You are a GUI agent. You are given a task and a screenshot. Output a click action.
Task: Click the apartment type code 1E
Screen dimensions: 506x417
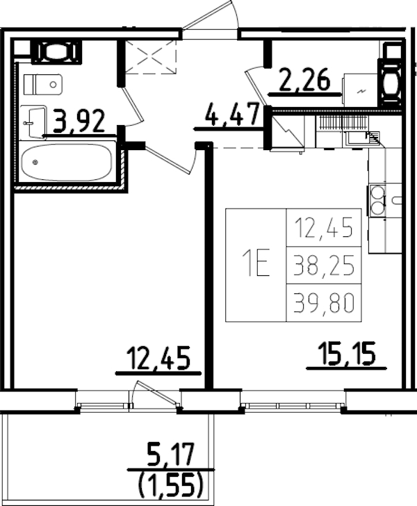tap(255, 264)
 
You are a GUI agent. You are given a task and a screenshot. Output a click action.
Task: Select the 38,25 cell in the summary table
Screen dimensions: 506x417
tap(323, 264)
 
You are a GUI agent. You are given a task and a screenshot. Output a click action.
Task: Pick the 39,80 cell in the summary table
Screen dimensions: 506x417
tap(323, 302)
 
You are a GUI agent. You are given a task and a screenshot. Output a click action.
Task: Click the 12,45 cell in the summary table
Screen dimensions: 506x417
tap(323, 227)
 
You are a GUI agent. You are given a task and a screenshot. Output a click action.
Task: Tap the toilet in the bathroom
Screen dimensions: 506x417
tap(43, 85)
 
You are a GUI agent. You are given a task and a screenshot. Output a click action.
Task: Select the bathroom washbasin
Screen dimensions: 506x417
tap(32, 123)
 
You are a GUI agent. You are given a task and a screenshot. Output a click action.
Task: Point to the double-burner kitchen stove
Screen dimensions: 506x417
tap(378, 199)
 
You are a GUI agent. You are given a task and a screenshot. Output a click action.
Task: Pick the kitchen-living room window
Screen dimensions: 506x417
tap(293, 404)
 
